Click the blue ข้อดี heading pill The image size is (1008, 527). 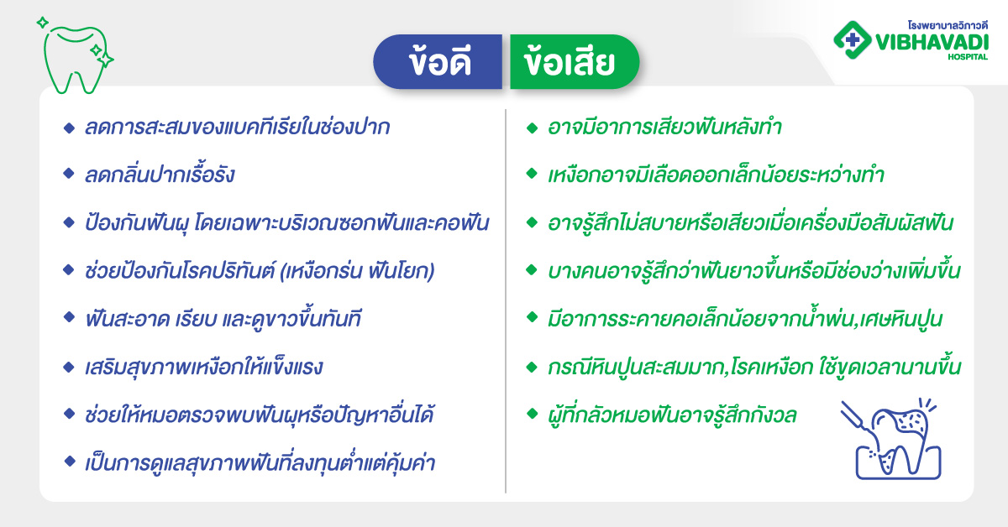(438, 62)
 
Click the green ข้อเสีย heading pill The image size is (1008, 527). (575, 62)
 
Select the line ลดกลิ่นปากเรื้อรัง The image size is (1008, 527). (160, 175)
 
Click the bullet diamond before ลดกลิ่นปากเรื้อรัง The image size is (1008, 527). (68, 175)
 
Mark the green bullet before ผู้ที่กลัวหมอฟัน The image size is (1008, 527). (531, 414)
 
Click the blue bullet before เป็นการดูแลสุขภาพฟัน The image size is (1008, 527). (68, 462)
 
